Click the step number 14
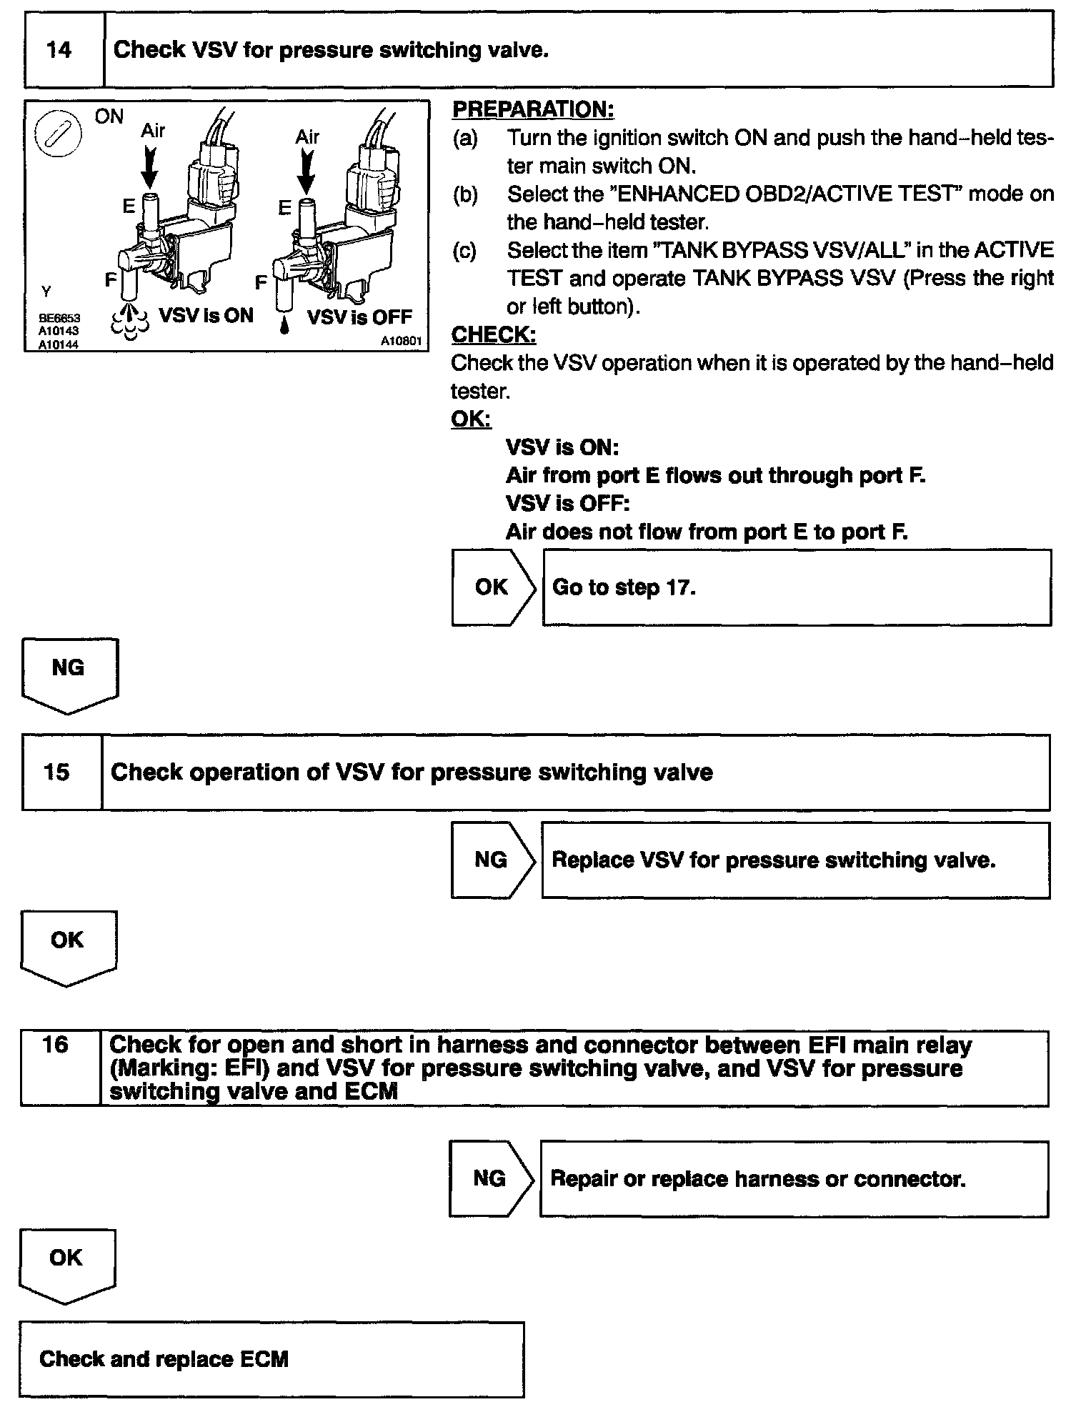pos(59,50)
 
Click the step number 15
pos(56,772)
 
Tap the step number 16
pos(55,1045)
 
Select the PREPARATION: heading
pos(533,109)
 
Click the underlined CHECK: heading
pos(494,334)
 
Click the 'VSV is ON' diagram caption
pos(206,315)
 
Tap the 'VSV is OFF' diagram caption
pos(359,317)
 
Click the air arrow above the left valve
pos(150,166)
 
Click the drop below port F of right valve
pos(284,327)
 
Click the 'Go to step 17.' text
pos(624,587)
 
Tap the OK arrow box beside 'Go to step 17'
pos(492,587)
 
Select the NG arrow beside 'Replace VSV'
pos(492,860)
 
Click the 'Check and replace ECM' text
pos(164,1358)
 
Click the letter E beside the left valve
pos(129,207)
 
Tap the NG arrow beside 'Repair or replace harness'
pos(491,1178)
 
